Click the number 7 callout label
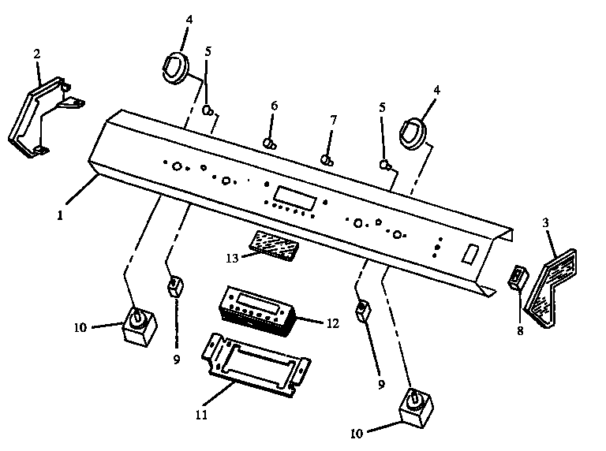333,120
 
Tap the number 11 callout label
201,413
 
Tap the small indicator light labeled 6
269,143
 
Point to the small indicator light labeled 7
325,160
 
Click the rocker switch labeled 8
518,279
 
